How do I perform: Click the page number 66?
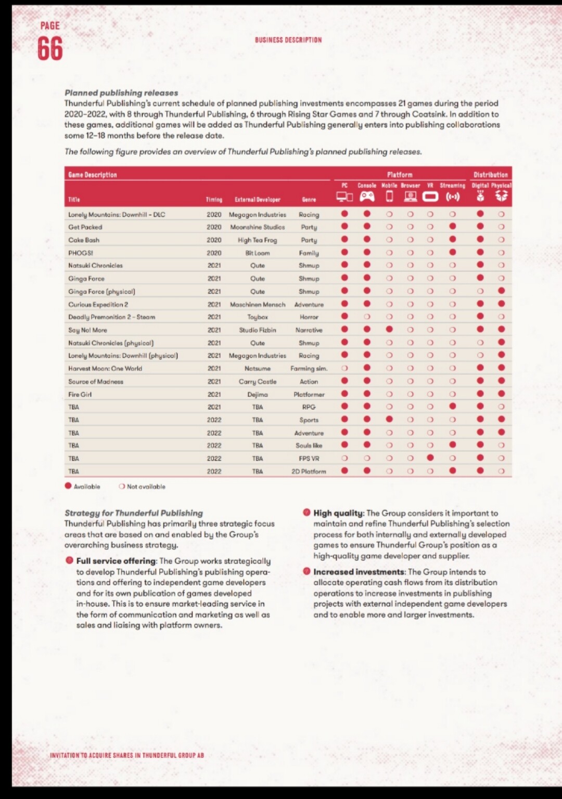(50, 49)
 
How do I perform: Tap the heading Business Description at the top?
(288, 40)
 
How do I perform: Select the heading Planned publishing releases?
(121, 93)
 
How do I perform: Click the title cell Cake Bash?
(84, 240)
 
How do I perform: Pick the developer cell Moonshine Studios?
(258, 227)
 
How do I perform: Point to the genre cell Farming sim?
(309, 369)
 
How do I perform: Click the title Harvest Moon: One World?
(105, 369)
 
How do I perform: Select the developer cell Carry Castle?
(258, 382)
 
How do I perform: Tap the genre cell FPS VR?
(309, 459)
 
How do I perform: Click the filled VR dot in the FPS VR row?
(430, 458)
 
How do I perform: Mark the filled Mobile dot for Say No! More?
(389, 329)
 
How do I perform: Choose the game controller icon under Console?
(367, 197)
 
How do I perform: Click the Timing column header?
(214, 200)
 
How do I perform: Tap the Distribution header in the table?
(490, 175)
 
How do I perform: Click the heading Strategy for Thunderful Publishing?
(134, 513)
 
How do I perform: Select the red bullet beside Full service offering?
(69, 560)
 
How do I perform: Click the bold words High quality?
(338, 513)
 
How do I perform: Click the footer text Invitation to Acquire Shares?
(127, 755)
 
